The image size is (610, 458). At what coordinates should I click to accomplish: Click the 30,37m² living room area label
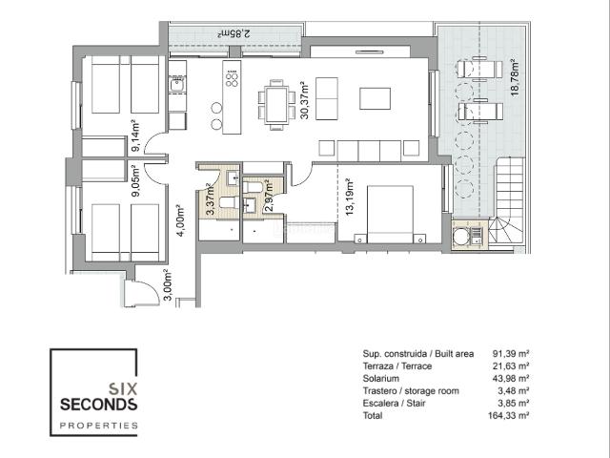304,100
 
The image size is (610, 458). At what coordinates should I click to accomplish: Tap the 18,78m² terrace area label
515,78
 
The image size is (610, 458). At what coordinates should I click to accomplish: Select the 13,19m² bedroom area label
350,198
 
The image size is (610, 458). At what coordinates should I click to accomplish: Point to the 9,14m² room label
135,136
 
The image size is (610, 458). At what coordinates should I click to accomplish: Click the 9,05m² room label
135,180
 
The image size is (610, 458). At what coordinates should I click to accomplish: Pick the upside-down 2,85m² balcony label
234,33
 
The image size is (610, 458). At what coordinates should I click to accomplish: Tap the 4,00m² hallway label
180,220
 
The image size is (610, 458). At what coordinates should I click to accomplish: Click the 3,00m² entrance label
168,285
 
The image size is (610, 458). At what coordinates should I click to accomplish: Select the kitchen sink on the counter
178,84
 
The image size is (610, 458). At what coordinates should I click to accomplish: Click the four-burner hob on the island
232,78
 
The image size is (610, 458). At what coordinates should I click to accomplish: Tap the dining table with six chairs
276,105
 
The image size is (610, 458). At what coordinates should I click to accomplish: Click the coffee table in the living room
375,98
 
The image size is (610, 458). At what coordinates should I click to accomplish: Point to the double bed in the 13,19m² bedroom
390,215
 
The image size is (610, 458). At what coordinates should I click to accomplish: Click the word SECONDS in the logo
99,405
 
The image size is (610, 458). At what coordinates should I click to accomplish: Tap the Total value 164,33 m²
508,416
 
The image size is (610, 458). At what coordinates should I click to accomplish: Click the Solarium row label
381,379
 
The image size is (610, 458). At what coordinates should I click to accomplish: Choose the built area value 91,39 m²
511,354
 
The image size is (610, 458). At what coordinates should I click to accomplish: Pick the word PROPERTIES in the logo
99,426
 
